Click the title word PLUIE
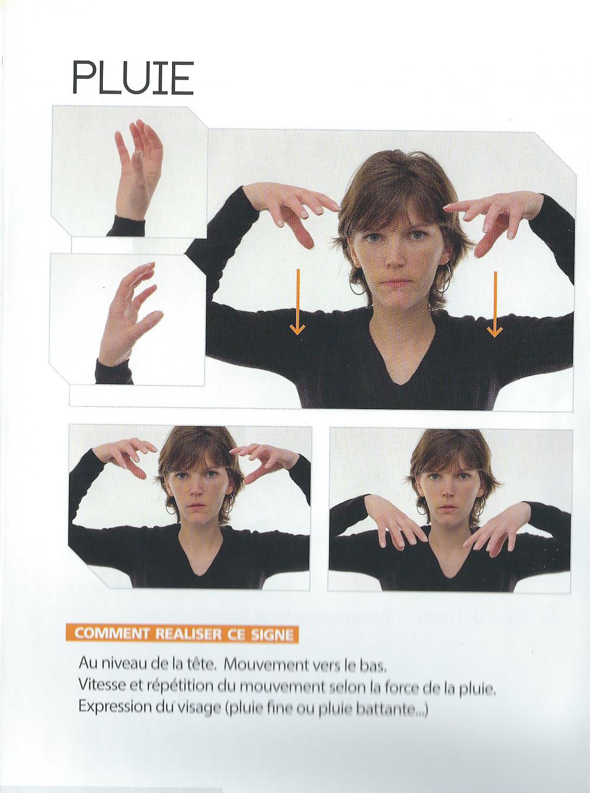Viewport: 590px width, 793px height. click(133, 78)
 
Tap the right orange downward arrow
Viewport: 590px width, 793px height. click(495, 304)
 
